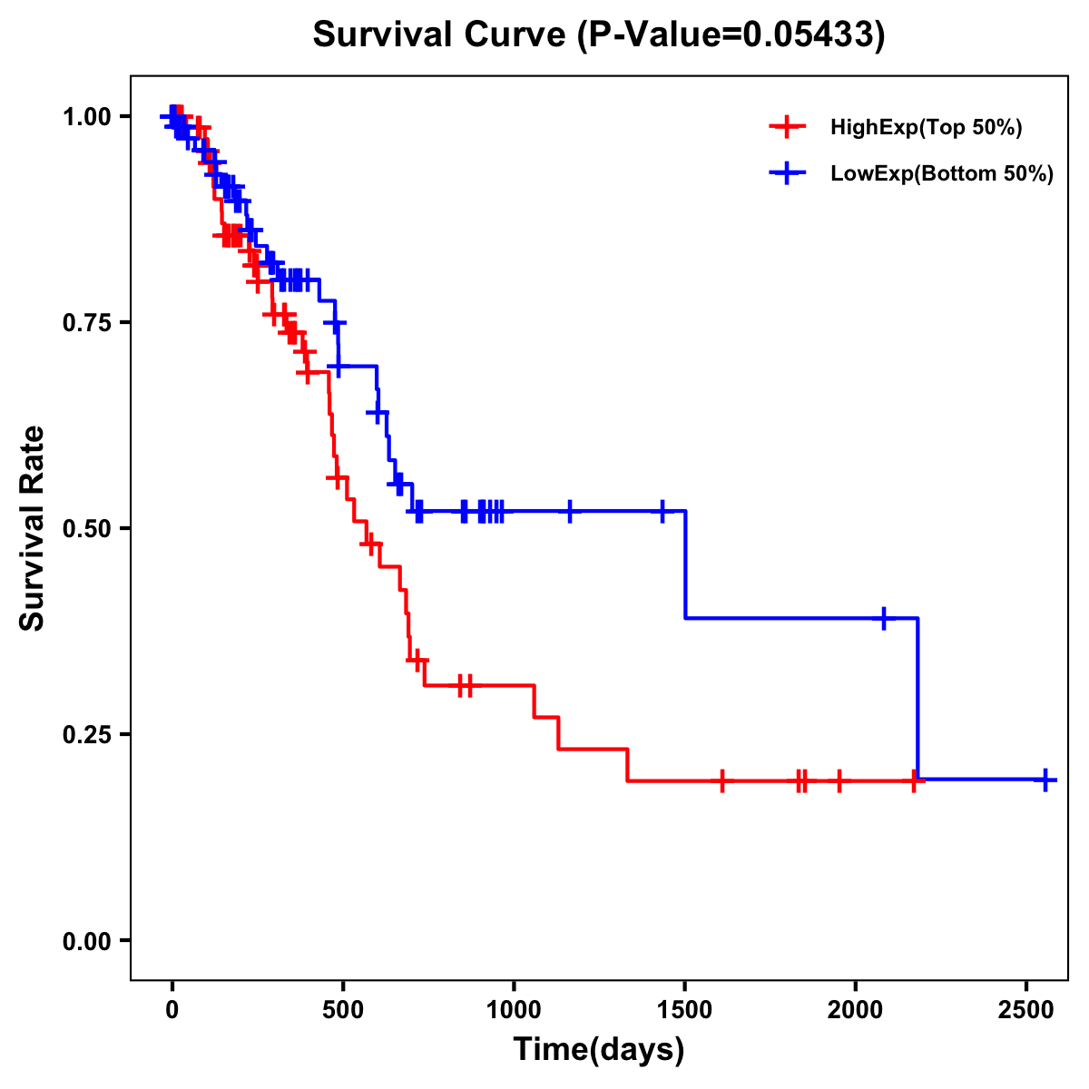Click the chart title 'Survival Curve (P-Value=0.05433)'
click(x=599, y=34)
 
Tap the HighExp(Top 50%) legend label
click(x=927, y=128)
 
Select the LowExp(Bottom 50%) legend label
click(x=942, y=173)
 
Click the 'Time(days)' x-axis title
click(x=599, y=1050)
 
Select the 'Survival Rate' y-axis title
click(x=34, y=528)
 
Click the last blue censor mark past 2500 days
click(x=1045, y=780)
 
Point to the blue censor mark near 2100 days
click(x=884, y=618)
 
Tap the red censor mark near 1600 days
click(x=721, y=780)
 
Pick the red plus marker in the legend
click(x=787, y=128)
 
